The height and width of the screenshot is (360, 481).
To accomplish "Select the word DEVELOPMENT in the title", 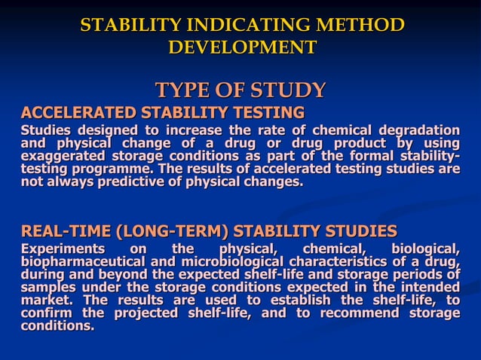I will coord(241,47).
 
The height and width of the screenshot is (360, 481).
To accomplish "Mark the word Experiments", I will coord(63,249).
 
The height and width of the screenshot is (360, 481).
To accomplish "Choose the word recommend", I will coord(352,313).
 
